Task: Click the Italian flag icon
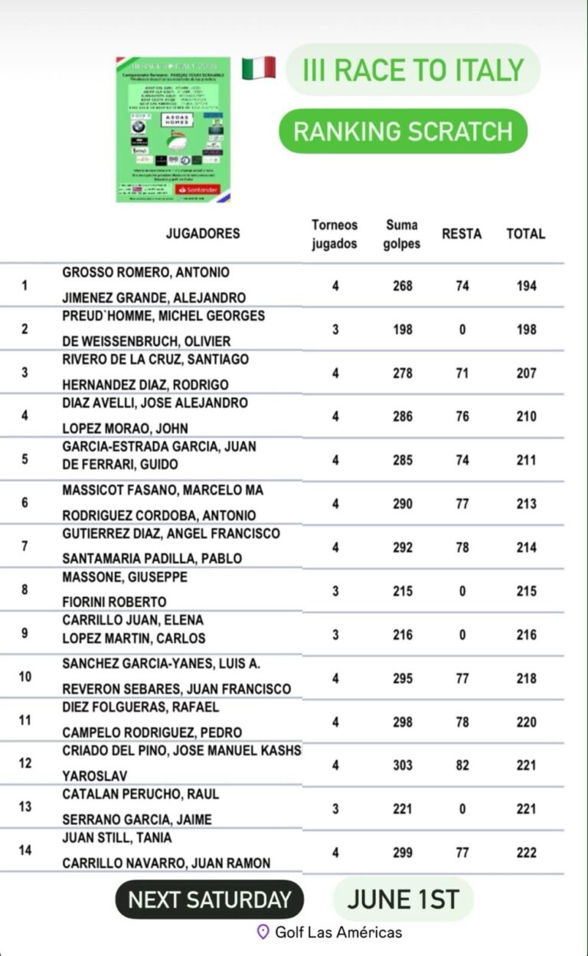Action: click(259, 68)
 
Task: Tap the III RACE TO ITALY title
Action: click(413, 70)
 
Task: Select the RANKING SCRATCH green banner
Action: click(403, 131)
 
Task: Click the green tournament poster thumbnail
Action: click(173, 129)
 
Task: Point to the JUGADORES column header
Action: click(203, 233)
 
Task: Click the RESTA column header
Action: click(462, 233)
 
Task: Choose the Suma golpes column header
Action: click(403, 233)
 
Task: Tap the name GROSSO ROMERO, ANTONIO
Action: click(145, 272)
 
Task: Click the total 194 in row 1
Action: click(526, 285)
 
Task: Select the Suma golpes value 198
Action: click(402, 329)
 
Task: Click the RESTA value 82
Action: click(462, 765)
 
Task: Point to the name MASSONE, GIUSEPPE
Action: click(125, 576)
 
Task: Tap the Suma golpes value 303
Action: click(402, 765)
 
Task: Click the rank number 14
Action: click(25, 850)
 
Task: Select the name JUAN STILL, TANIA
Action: click(117, 838)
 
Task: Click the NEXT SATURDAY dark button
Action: click(209, 899)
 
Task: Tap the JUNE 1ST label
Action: click(403, 899)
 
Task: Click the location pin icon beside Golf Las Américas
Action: click(263, 932)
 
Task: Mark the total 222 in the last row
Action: click(526, 853)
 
